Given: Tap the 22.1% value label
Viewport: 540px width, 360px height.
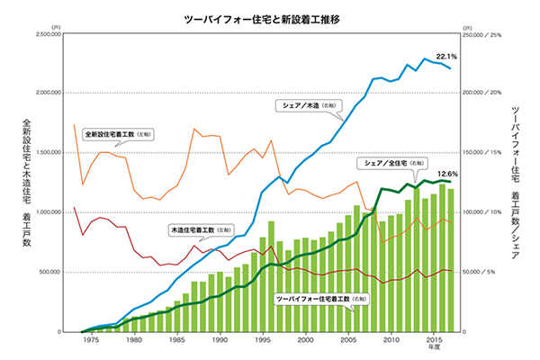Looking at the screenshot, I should point(447,57).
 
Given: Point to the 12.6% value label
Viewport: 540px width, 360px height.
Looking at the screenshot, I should point(448,175).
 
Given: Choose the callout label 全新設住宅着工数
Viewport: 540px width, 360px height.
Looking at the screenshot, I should point(120,134).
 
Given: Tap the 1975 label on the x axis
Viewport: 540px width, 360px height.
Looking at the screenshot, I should point(91,340).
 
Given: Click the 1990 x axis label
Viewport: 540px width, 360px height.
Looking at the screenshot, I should point(220,340).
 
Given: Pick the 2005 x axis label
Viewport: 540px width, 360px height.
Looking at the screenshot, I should point(348,340).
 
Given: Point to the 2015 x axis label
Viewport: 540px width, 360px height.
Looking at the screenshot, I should point(434,340).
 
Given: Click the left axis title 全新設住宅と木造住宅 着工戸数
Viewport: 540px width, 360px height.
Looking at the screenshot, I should point(27,180).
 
